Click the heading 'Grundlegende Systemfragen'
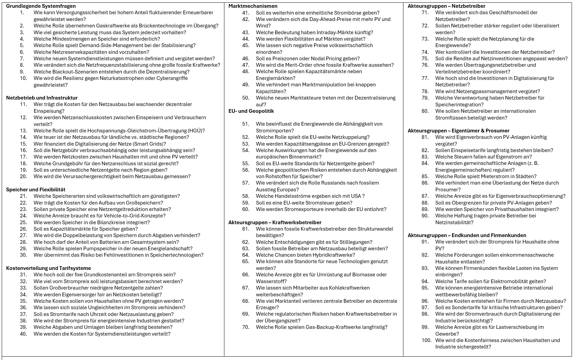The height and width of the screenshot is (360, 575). coord(41,6)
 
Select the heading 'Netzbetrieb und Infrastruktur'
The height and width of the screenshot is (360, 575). coord(42,98)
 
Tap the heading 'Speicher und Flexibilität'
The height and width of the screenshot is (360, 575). coord(36,190)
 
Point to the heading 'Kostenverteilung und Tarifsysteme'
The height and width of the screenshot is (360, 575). coord(48,268)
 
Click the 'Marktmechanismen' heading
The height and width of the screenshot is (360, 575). coord(253,6)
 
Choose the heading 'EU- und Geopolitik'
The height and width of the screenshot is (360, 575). coord(251,111)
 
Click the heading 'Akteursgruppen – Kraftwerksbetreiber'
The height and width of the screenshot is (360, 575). coord(275,223)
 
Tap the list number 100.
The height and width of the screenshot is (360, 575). coord(426,340)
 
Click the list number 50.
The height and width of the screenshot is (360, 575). coord(246,98)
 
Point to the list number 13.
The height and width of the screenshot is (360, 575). coord(23,131)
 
